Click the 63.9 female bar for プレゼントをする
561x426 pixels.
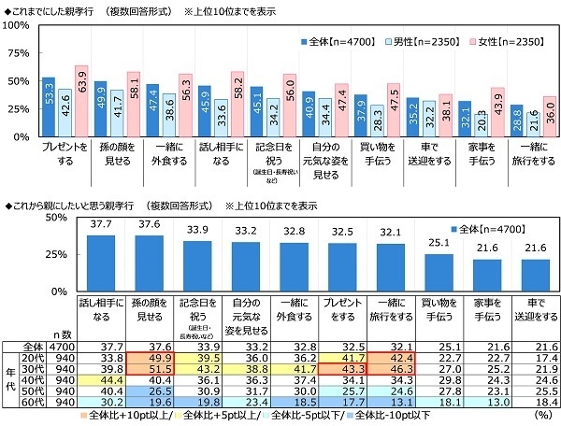coord(80,103)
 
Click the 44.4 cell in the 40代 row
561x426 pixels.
coord(100,380)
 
